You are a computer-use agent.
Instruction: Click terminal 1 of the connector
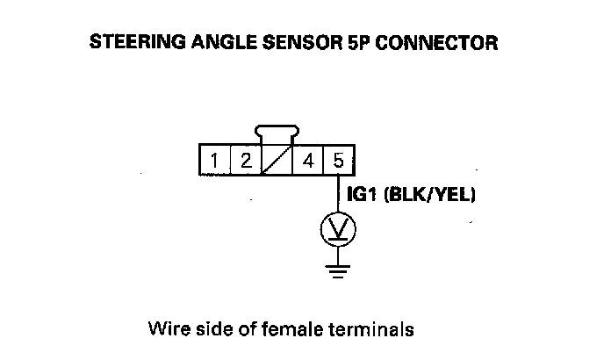point(214,161)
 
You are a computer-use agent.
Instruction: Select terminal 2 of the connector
point(246,161)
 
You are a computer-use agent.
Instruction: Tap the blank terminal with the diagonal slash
point(277,161)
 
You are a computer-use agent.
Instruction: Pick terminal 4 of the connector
point(308,161)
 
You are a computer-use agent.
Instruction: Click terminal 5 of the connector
point(339,161)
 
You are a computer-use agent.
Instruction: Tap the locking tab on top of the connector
point(277,135)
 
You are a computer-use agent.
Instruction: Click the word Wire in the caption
point(166,330)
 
